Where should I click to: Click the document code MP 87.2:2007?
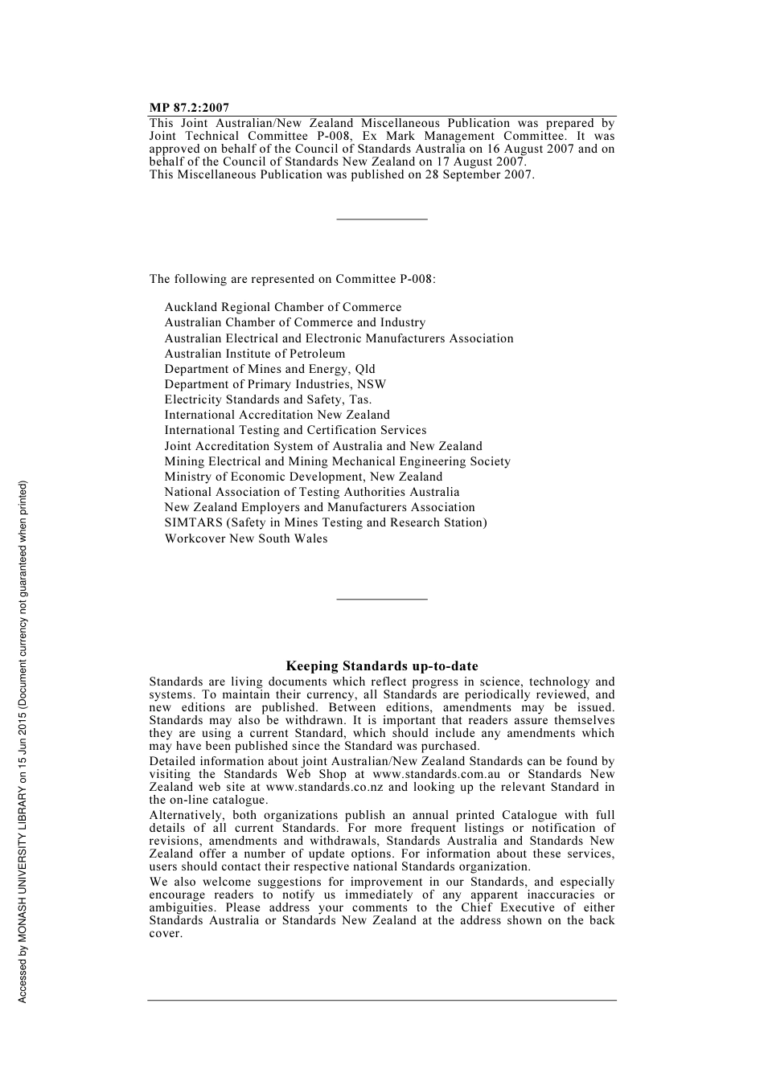[189, 108]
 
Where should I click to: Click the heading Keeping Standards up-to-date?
[382, 666]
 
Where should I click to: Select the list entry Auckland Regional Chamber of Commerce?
[283, 307]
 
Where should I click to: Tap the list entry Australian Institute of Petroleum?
[255, 354]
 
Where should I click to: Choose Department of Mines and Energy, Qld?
[269, 369]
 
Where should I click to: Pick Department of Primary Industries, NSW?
[275, 384]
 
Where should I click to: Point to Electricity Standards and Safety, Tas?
[268, 399]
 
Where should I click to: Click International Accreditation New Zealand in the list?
[277, 415]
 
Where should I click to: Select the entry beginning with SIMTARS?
[326, 522]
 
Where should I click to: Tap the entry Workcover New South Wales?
[246, 538]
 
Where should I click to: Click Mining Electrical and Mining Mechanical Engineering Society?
[338, 461]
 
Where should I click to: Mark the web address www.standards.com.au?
[436, 775]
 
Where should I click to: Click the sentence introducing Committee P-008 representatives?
[292, 280]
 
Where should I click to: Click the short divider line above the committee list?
[382, 219]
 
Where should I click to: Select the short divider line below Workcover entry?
[382, 599]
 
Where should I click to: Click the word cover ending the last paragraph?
[165, 934]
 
